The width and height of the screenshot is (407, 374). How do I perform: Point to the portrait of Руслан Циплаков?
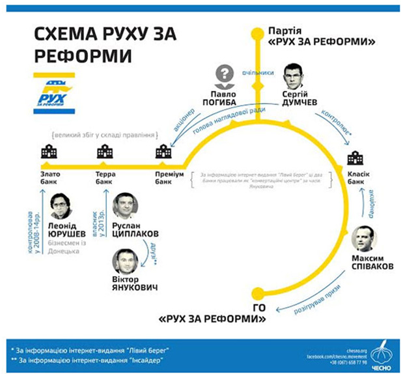tap(125, 205)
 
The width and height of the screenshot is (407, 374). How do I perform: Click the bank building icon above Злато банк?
tap(46, 153)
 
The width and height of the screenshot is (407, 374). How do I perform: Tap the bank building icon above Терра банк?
tap(103, 153)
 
